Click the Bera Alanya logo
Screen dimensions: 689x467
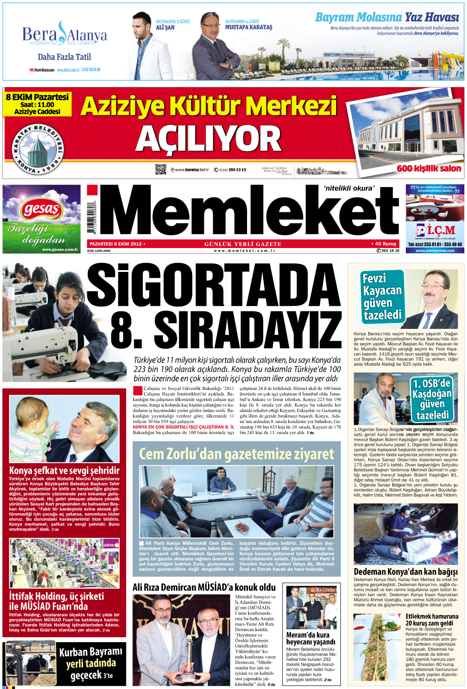[64, 34]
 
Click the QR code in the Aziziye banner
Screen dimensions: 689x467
[160, 169]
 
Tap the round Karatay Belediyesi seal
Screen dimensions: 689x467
[38, 149]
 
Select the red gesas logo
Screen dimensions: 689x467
[41, 210]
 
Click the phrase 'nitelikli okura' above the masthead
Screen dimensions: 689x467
[349, 188]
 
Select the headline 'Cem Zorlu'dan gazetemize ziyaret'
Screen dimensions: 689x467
[236, 454]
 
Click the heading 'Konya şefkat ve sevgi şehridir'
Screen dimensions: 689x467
[64, 470]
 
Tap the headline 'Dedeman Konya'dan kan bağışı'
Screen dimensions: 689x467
[405, 572]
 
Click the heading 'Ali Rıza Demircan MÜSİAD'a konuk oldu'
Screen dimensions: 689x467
[204, 587]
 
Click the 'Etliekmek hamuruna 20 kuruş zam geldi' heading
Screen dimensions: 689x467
[432, 620]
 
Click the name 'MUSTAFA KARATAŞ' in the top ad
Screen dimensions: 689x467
[248, 27]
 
